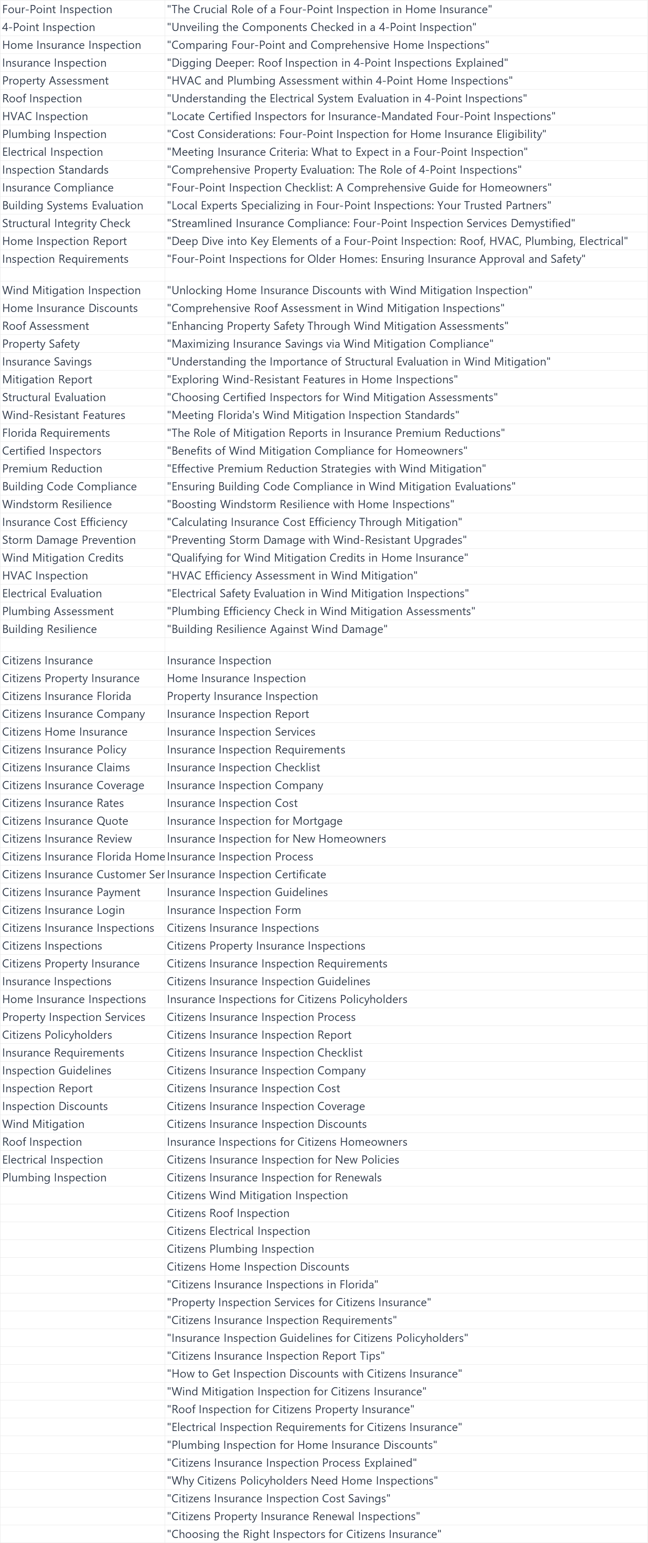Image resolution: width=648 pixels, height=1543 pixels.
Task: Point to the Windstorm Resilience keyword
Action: [x=57, y=504]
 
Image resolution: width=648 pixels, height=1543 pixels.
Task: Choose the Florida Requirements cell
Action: [x=56, y=433]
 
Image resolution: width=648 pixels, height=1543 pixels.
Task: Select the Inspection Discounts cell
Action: [x=55, y=1106]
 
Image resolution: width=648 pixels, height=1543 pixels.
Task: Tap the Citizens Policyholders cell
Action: [x=57, y=1034]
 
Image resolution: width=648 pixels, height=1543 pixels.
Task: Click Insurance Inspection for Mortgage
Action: [x=255, y=821]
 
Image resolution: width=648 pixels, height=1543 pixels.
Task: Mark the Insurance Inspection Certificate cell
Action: [x=246, y=874]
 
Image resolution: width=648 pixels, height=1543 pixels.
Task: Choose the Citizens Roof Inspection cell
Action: [x=228, y=1213]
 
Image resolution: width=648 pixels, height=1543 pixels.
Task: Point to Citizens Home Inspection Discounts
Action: [x=257, y=1266]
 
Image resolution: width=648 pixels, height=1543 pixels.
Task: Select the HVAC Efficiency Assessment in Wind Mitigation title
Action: [x=292, y=576]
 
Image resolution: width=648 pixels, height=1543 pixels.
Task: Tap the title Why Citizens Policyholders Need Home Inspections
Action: [x=302, y=1480]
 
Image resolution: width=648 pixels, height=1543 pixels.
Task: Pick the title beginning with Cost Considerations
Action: [x=356, y=134]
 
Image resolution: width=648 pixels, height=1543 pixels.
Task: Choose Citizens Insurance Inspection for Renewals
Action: [x=274, y=1177]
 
